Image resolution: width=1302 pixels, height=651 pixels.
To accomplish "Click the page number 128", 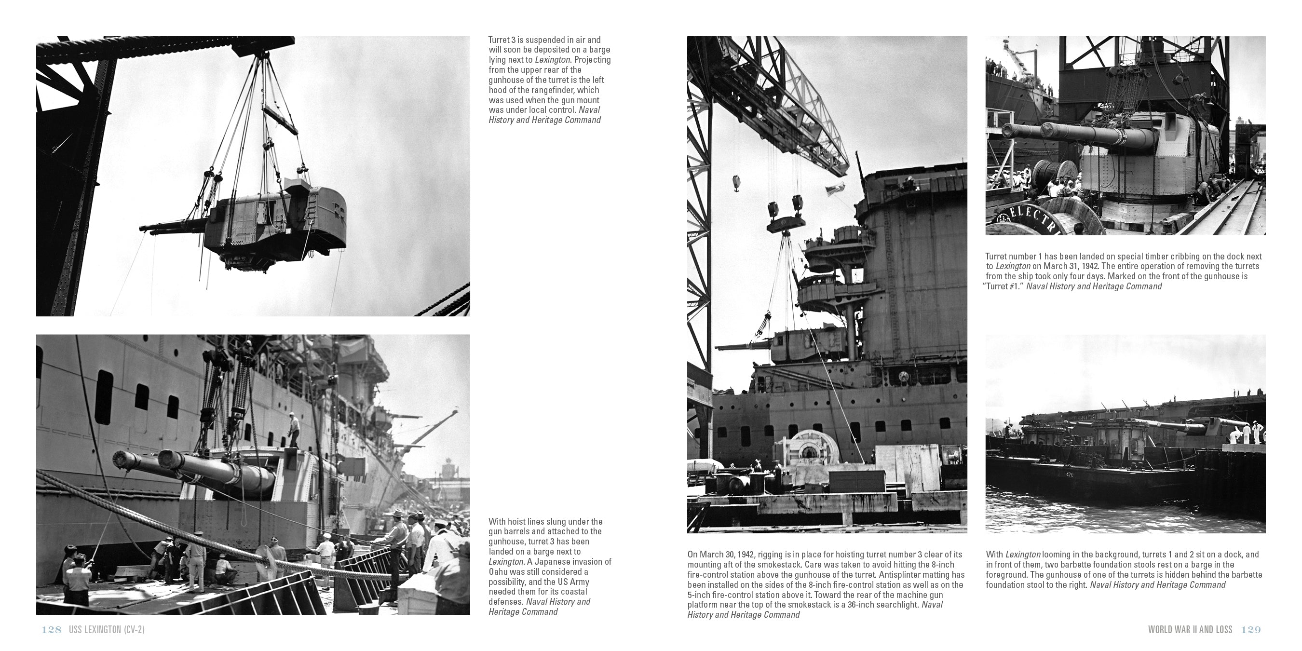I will tap(51, 630).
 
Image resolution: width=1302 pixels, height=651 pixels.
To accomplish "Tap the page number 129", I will tap(1251, 630).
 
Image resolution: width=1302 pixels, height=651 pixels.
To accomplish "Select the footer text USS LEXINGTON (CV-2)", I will tap(107, 630).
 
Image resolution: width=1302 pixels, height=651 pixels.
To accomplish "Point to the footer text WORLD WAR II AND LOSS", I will tap(1190, 630).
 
